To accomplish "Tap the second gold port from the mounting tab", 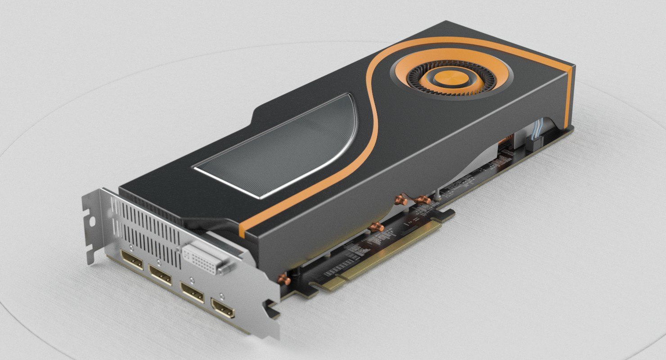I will [x=160, y=274].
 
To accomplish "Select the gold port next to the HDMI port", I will [x=192, y=291].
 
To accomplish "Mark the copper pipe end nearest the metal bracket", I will [x=284, y=279].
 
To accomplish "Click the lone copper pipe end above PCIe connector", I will [x=376, y=227].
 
